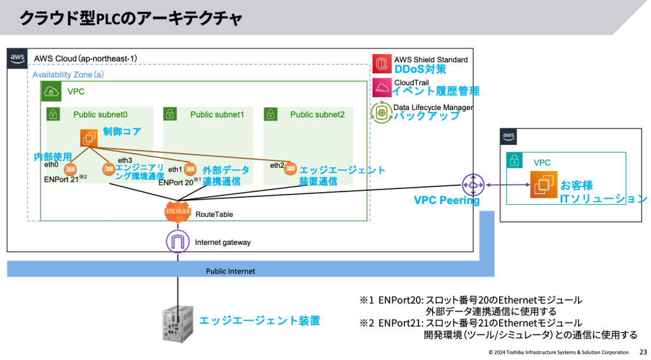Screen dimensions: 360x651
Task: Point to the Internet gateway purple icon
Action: (177, 242)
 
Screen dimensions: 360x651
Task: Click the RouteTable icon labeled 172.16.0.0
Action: (177, 214)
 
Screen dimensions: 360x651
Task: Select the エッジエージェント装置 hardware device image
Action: (179, 321)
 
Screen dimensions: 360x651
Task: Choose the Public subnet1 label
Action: (217, 114)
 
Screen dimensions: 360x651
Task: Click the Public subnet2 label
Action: (317, 114)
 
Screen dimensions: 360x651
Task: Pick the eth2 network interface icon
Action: (291, 169)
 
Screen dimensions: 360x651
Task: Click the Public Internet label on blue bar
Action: (230, 271)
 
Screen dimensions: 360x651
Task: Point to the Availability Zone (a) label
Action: (68, 74)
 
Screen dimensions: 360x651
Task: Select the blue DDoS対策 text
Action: (420, 69)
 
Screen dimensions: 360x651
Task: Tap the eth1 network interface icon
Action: (189, 169)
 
